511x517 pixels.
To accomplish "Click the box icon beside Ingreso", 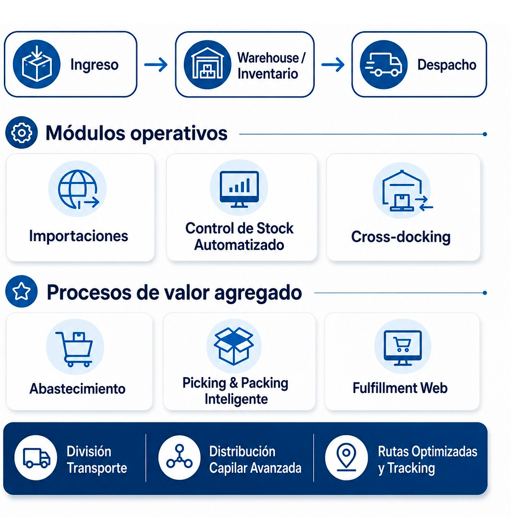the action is click(36, 64).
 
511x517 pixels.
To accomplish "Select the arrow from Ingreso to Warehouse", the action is click(156, 64).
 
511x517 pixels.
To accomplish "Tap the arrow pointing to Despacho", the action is click(333, 64).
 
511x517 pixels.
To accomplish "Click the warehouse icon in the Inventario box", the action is click(207, 64).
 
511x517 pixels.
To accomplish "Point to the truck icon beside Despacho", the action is click(384, 64).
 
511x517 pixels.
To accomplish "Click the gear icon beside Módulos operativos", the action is click(22, 133).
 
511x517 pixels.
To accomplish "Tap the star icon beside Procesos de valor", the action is click(22, 292).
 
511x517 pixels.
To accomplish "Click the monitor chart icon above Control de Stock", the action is click(239, 189).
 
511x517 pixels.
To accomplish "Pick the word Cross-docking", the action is click(401, 237).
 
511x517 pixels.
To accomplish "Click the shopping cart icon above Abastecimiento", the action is click(74, 349).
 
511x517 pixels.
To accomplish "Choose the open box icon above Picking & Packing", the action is click(233, 346).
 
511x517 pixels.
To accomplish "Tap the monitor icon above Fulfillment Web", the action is click(402, 348).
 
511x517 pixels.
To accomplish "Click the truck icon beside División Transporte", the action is click(36, 457).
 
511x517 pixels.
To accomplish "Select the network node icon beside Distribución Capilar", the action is click(179, 457).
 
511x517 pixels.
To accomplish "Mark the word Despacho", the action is click(447, 64).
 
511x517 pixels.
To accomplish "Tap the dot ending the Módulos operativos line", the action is click(485, 134).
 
